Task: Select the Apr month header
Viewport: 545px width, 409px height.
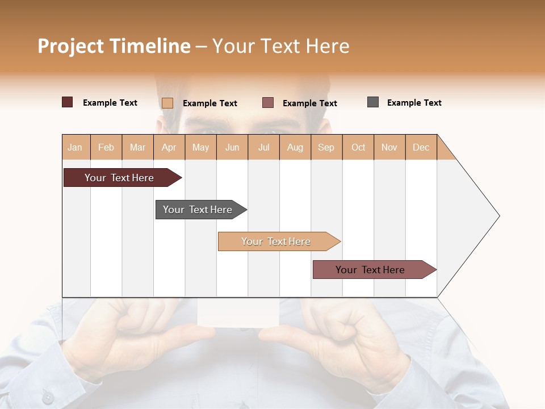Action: pyautogui.click(x=169, y=147)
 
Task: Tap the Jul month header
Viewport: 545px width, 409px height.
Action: pyautogui.click(x=264, y=147)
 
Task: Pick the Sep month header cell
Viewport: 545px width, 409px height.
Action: pyautogui.click(x=326, y=147)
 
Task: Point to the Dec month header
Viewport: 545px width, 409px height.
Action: pyautogui.click(x=421, y=147)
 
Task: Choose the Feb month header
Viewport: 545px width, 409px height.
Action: pyautogui.click(x=106, y=147)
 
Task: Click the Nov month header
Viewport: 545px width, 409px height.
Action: pyautogui.click(x=389, y=147)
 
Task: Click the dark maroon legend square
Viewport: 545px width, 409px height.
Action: pyautogui.click(x=68, y=102)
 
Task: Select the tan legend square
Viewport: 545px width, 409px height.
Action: pyautogui.click(x=167, y=103)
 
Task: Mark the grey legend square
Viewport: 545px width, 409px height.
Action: pyautogui.click(x=373, y=102)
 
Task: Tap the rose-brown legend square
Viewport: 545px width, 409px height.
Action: pyautogui.click(x=268, y=103)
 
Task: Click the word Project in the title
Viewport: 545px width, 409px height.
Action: pyautogui.click(x=71, y=46)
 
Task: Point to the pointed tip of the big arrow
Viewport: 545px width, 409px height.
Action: pyautogui.click(x=498, y=216)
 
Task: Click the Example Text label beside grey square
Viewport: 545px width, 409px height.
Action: pyautogui.click(x=414, y=103)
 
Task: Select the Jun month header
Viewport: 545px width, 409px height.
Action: pyautogui.click(x=232, y=147)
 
